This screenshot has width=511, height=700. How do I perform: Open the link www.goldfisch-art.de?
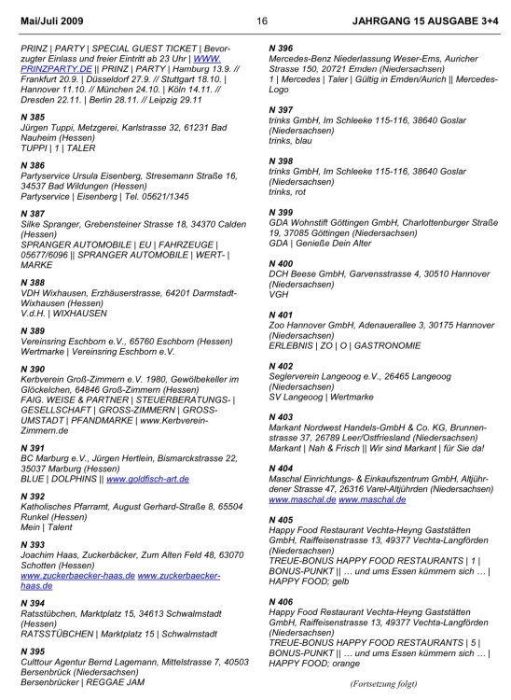coord(147,478)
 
